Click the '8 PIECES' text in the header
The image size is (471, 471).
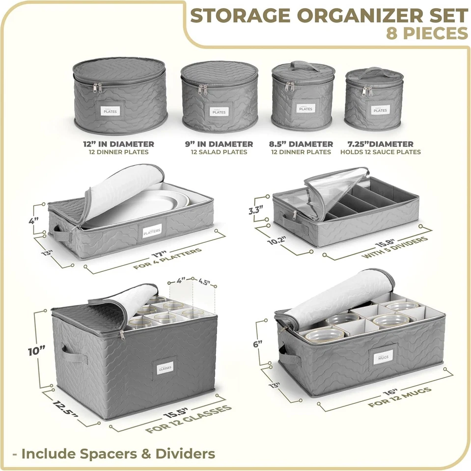427,33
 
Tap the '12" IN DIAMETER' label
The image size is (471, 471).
118,144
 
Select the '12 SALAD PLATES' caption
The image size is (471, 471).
219,152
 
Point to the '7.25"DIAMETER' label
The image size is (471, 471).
381,144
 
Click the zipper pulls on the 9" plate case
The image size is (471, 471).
202,89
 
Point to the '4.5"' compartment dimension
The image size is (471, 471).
205,282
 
